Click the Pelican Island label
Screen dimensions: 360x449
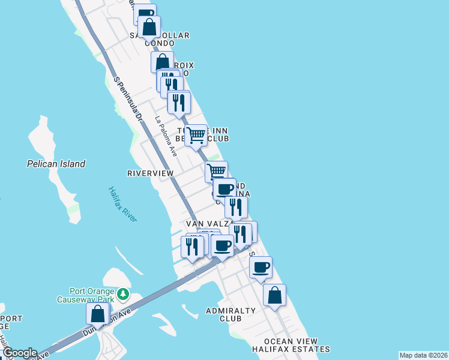56,164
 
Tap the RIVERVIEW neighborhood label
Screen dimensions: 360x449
150,173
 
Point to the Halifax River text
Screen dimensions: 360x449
122,204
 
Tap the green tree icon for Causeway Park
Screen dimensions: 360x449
123,294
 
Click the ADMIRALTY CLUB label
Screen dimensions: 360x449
231,314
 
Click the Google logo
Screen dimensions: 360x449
19,353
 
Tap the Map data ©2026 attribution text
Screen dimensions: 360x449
423,355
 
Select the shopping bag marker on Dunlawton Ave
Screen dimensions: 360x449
97,314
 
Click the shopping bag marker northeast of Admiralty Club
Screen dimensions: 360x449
274,295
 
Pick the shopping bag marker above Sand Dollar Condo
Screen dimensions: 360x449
149,28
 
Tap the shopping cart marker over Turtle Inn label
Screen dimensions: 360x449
196,135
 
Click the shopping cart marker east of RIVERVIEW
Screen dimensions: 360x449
217,171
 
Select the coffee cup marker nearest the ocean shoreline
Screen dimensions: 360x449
261,268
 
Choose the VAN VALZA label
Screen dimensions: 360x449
208,224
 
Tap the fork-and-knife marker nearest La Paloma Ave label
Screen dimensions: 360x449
179,103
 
